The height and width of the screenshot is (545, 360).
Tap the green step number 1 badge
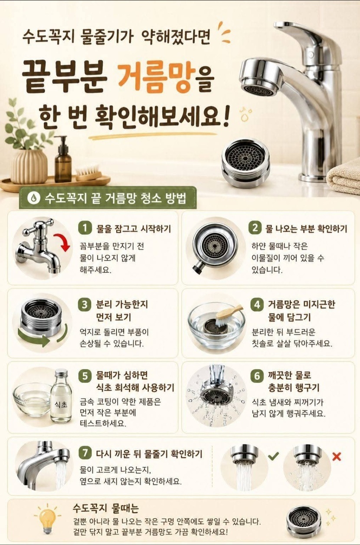coord(85,228)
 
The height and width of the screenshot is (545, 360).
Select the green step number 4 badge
coord(257,304)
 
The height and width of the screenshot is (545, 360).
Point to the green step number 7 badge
coord(85,453)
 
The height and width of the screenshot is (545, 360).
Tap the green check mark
coord(274,456)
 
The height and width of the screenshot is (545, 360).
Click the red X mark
coord(337,456)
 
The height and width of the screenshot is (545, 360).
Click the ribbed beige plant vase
coord(29,167)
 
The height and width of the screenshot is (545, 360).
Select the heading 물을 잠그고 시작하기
coord(134,229)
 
